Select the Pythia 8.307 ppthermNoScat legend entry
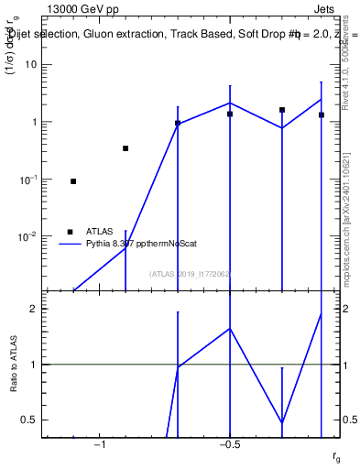[137, 244]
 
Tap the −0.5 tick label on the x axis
[229, 445]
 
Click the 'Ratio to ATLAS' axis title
[13, 365]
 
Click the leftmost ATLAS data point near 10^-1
[73, 181]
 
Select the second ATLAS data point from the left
[125, 148]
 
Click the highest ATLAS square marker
[282, 110]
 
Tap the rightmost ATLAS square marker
[322, 115]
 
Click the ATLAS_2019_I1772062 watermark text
[191, 274]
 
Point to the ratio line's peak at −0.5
[230, 328]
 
